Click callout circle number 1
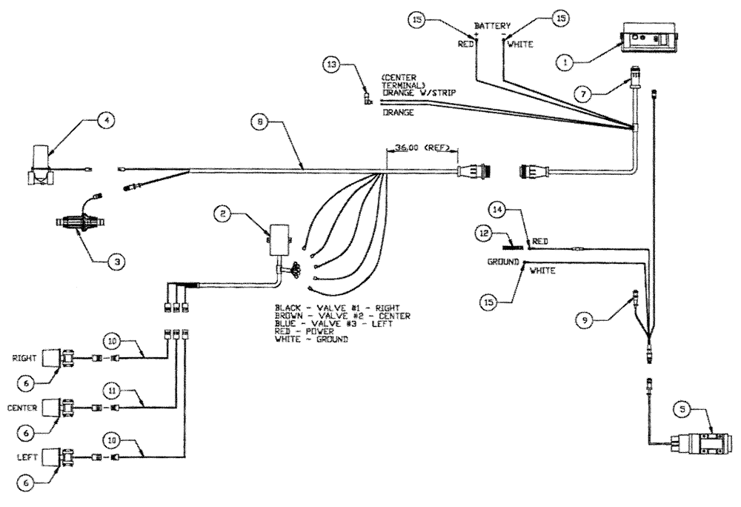click(x=565, y=63)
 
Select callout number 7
click(x=586, y=93)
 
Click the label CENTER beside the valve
click(x=21, y=406)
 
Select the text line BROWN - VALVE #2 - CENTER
click(x=342, y=315)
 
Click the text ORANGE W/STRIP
click(x=419, y=92)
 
